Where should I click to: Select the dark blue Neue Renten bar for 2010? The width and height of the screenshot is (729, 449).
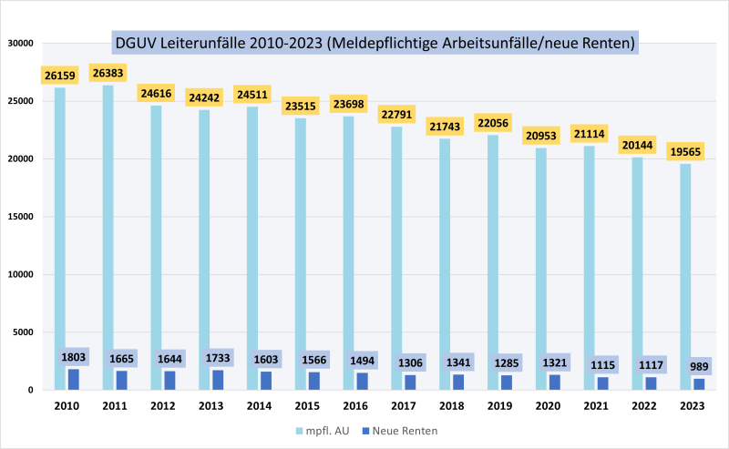[x=73, y=379]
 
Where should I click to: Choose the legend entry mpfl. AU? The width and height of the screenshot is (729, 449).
[x=322, y=427]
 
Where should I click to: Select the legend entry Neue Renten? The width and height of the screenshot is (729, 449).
[x=406, y=427]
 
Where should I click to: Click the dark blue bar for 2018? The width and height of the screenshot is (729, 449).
[x=458, y=382]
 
